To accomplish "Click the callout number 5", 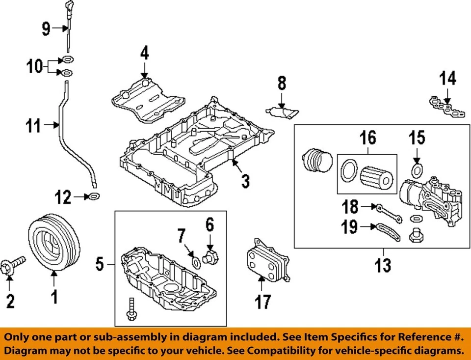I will coord(100,265).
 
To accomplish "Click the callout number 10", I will coord(35,66).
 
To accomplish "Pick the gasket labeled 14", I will coord(446,107).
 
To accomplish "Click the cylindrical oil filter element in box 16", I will coord(376,177).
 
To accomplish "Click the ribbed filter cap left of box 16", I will coord(313,160).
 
